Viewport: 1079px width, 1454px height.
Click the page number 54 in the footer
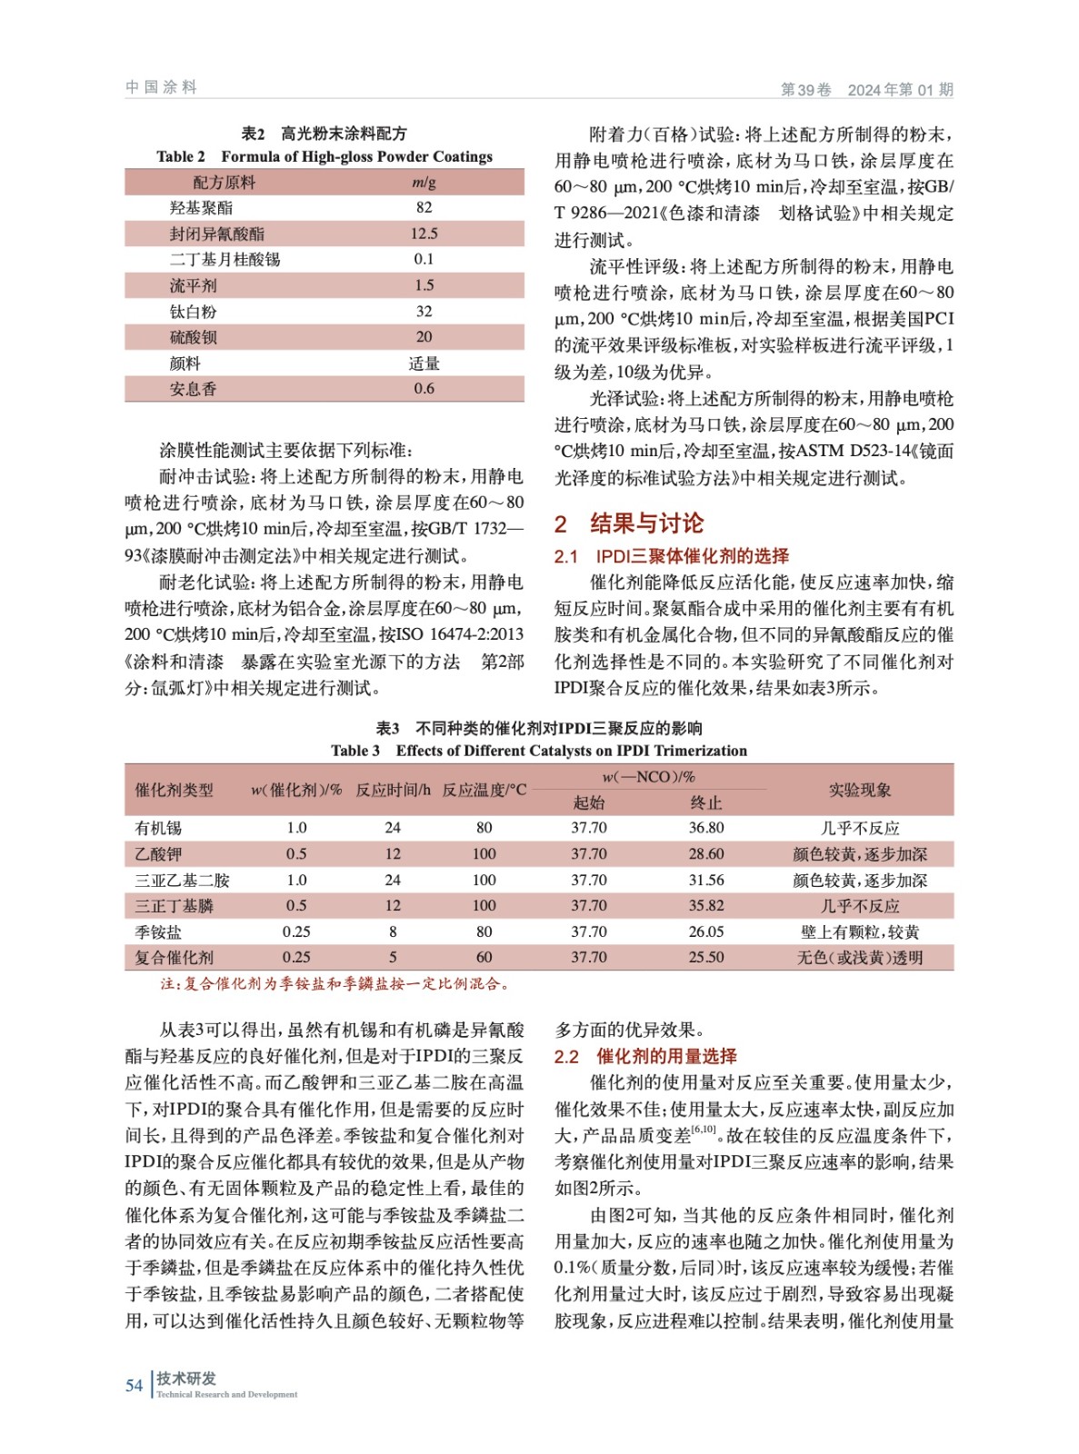click(x=134, y=1385)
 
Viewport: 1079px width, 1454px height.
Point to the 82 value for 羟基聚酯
click(x=424, y=207)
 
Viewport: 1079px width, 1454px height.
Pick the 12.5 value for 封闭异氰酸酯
click(x=424, y=234)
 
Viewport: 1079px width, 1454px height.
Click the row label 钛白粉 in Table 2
click(x=194, y=312)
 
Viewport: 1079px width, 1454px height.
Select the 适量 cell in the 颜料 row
click(x=424, y=363)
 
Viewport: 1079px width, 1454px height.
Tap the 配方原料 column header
click(x=225, y=183)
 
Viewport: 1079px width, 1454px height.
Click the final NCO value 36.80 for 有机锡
click(x=705, y=828)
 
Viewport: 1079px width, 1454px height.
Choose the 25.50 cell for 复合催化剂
click(x=705, y=957)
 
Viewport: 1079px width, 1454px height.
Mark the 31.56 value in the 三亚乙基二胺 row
click(x=705, y=880)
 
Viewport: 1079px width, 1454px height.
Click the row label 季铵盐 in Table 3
click(x=158, y=931)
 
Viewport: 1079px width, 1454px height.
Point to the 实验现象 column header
click(x=859, y=790)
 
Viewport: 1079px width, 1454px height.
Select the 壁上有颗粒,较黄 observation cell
click(x=859, y=931)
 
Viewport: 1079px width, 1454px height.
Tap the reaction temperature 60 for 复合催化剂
click(x=484, y=957)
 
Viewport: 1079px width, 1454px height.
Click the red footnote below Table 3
click(x=335, y=983)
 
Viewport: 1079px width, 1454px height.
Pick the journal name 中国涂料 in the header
click(x=161, y=87)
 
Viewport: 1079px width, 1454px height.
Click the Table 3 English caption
click(x=539, y=751)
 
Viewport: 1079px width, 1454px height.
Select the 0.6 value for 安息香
click(x=424, y=389)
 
